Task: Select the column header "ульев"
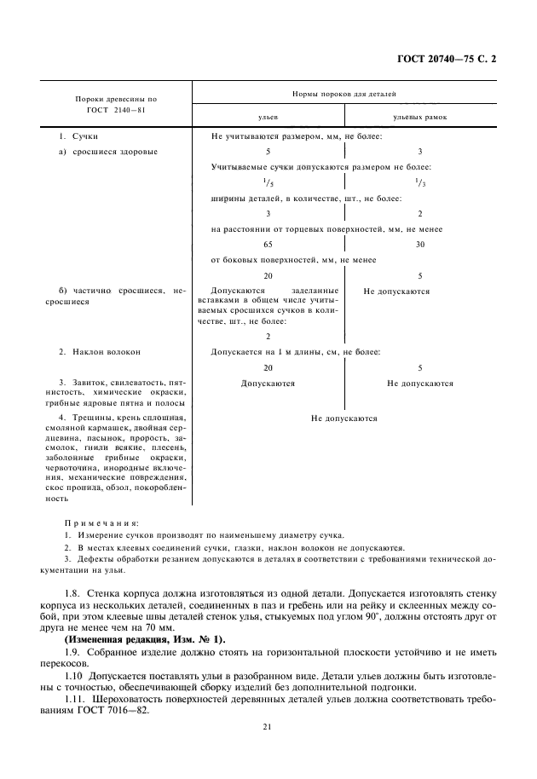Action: (x=268, y=116)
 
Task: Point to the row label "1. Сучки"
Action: (x=78, y=136)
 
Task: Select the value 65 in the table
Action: (x=268, y=245)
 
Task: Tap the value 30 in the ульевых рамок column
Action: (x=420, y=245)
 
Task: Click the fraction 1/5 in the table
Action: (x=268, y=182)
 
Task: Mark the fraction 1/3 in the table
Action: (x=420, y=182)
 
